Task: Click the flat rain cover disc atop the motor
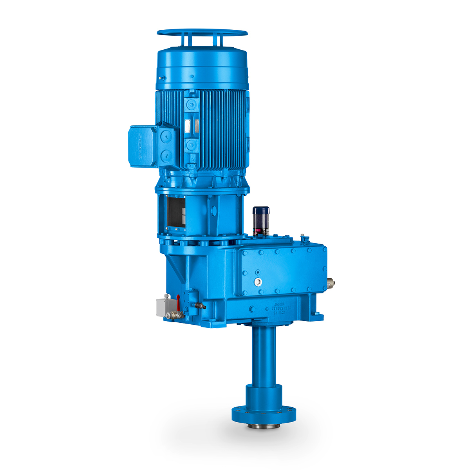[202, 33]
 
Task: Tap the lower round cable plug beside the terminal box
[166, 157]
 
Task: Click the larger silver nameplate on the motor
[187, 126]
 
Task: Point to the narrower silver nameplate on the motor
[196, 126]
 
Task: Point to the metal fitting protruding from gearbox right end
[331, 282]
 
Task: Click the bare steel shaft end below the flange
[263, 424]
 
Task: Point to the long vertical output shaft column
[263, 356]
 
